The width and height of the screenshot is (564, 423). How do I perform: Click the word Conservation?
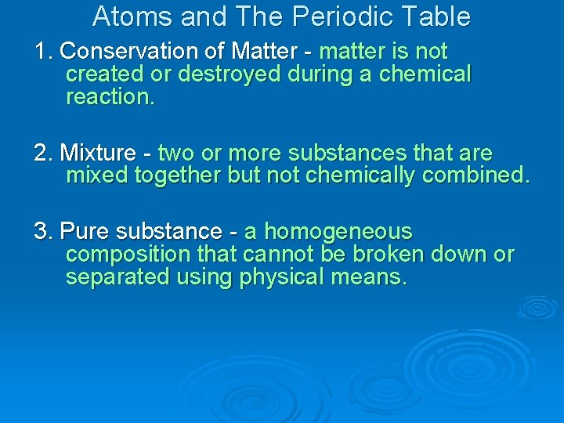click(x=118, y=52)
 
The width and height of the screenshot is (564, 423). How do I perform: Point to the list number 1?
click(x=41, y=52)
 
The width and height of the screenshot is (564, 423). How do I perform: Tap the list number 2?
click(x=42, y=153)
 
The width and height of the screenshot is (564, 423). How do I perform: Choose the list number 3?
click(x=42, y=232)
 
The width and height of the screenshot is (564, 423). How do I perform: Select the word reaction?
click(x=110, y=97)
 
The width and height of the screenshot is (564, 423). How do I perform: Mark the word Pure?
click(x=83, y=232)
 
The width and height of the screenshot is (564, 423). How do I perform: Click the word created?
click(x=104, y=74)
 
